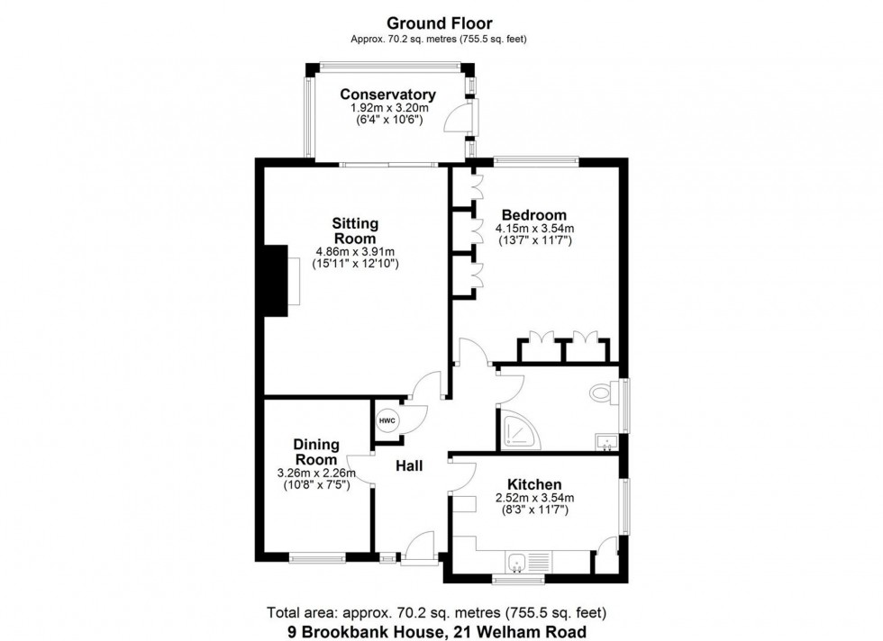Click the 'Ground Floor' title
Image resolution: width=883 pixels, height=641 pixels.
[x=440, y=22]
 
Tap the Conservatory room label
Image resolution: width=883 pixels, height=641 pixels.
[x=387, y=95]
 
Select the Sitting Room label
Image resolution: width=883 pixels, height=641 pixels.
[x=355, y=230]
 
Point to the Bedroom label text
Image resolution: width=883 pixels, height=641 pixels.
[x=533, y=215]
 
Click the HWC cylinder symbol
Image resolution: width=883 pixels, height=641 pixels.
[x=387, y=420]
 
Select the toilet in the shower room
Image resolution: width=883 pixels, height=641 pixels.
[x=603, y=393]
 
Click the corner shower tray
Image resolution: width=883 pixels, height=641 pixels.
[x=517, y=432]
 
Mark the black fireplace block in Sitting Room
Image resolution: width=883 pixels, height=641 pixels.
[x=273, y=280]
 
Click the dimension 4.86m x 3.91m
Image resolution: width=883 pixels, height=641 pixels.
[x=355, y=251]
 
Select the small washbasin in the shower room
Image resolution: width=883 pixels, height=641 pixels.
[x=606, y=441]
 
